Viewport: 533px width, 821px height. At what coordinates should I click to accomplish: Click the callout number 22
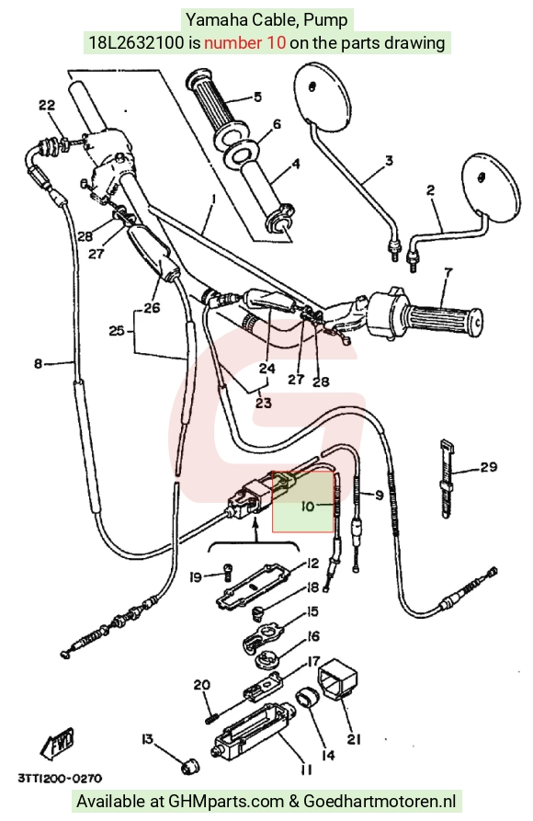pos(47,105)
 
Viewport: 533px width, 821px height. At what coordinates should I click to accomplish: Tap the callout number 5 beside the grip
pos(257,97)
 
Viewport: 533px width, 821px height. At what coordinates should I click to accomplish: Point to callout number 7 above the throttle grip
pos(448,272)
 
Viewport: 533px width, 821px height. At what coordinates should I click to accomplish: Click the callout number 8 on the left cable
pos(38,363)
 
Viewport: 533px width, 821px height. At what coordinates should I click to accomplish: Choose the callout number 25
pos(117,330)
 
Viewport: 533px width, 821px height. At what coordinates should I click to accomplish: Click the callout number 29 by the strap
pos(489,466)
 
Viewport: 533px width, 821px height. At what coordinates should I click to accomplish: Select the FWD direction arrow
pos(59,743)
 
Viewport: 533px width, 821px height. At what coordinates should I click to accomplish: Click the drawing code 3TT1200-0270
pos(59,779)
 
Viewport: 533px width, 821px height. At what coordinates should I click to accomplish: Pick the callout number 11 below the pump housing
pos(306,770)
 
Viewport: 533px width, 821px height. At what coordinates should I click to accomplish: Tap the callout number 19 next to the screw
pos(196,577)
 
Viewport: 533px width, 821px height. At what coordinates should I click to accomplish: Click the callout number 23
pos(264,403)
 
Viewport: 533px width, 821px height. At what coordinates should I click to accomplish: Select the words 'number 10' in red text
pos(245,42)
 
